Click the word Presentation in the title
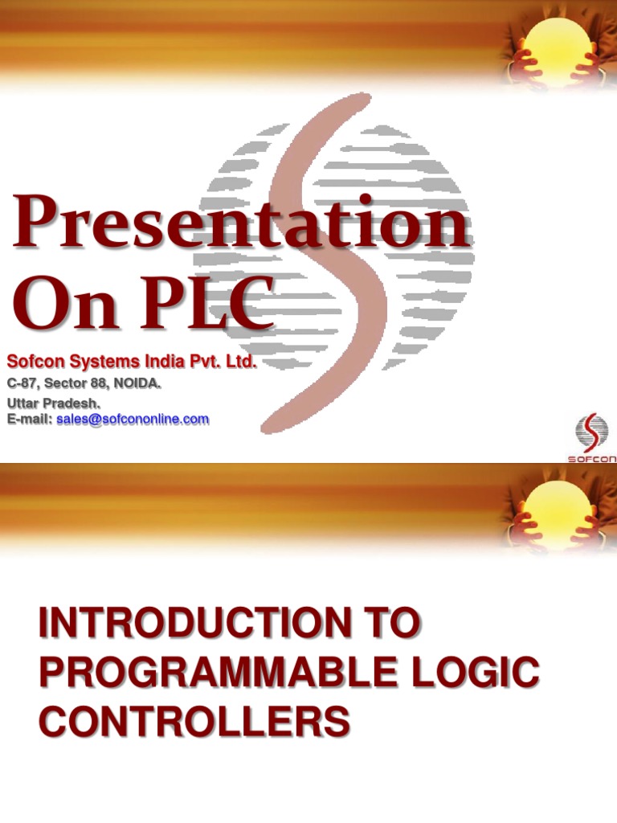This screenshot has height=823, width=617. pos(239,227)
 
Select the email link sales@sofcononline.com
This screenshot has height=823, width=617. pos(133,419)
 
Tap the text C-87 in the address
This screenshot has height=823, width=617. pos(22,384)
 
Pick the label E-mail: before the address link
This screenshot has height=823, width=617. pos(30,419)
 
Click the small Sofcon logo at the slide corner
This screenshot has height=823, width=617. pos(592,438)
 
